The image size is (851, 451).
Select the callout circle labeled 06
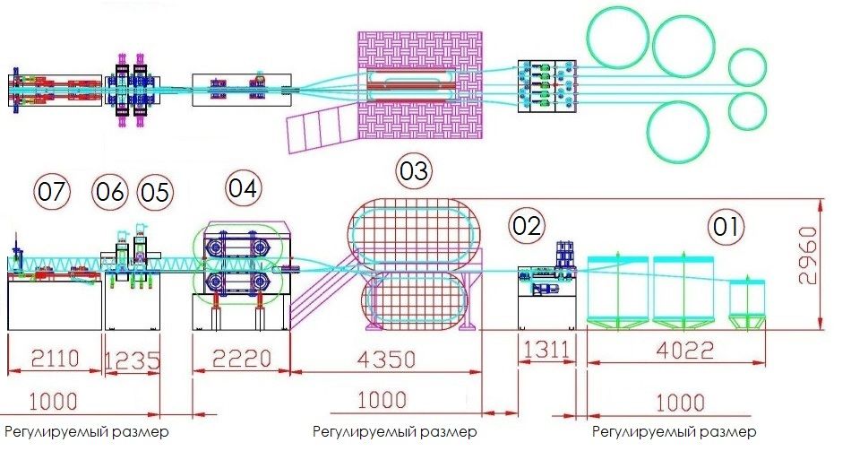pyautogui.click(x=111, y=192)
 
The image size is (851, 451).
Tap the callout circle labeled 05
pyautogui.click(x=154, y=192)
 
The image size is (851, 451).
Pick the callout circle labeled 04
pyautogui.click(x=242, y=188)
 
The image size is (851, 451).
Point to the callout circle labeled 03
pyautogui.click(x=415, y=171)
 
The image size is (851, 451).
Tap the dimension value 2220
pyautogui.click(x=242, y=360)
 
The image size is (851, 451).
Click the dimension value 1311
pyautogui.click(x=546, y=350)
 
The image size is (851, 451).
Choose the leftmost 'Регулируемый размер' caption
pyautogui.click(x=86, y=431)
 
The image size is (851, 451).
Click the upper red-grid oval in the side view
pyautogui.click(x=414, y=236)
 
